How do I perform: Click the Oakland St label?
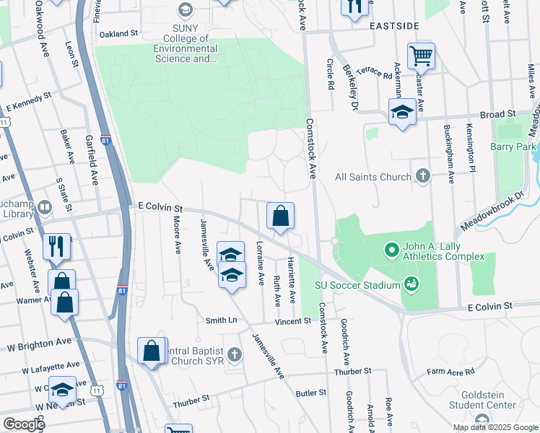point(118,34)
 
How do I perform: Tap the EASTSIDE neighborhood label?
point(394,26)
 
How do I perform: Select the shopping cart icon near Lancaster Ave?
point(421,55)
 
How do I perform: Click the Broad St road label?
point(499,115)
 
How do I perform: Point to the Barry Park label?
point(516,146)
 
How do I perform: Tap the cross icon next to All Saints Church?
point(423,176)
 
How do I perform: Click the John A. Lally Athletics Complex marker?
point(391,250)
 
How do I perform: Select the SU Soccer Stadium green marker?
point(411,284)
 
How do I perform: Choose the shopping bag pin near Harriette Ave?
point(280,215)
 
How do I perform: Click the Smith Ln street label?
point(221,320)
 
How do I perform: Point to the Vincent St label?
point(292,320)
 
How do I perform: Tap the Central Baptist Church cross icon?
point(235,354)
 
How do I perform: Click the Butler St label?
point(311,393)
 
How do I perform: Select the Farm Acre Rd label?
point(450,372)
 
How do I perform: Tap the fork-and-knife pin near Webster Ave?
point(56,245)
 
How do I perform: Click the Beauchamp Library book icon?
point(45,209)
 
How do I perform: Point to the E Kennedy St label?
point(29,101)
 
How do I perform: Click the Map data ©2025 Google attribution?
point(495,427)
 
